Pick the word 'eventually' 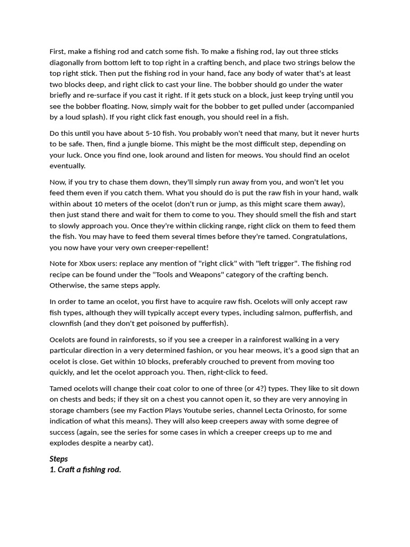point(67,166)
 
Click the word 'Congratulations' point(314,237)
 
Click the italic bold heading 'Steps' point(59,459)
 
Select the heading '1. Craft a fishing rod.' point(85,470)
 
